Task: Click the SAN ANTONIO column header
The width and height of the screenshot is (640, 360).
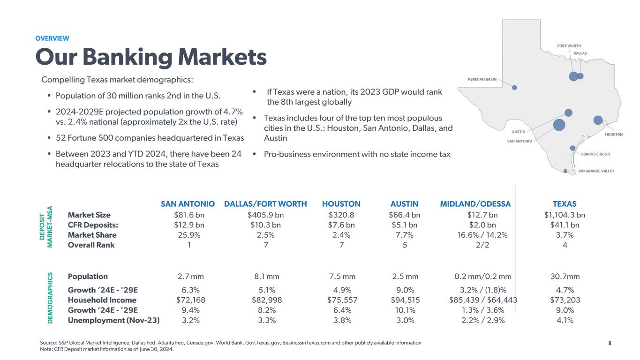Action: (x=188, y=204)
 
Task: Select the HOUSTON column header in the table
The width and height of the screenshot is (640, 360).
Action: (x=341, y=204)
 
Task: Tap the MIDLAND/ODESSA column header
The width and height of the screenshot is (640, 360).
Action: (x=475, y=204)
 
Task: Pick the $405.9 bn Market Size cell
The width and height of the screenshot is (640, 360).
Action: (x=265, y=215)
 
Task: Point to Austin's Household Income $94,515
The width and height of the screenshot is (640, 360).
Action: (x=405, y=300)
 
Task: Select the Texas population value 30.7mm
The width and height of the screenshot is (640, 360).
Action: (x=565, y=277)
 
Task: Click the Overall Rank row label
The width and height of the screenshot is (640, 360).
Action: (x=91, y=245)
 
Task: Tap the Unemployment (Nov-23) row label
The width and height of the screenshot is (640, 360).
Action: (x=113, y=321)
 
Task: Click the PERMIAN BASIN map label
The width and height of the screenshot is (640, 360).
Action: (x=482, y=79)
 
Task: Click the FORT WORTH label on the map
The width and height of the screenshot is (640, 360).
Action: (x=569, y=46)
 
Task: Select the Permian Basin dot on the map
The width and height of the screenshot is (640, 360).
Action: (x=514, y=87)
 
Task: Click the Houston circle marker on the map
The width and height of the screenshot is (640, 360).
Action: (x=598, y=120)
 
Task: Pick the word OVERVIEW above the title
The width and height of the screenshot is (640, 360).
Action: (x=52, y=38)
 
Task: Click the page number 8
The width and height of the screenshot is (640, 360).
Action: (x=610, y=343)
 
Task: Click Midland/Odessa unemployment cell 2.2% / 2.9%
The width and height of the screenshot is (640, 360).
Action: (x=475, y=321)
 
